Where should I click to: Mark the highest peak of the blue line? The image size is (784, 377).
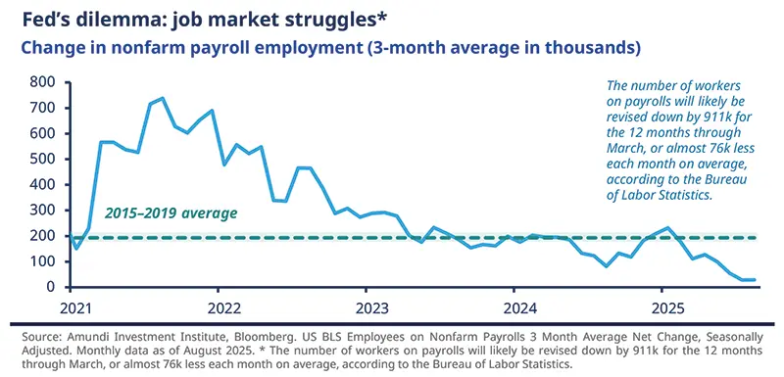point(162,98)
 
